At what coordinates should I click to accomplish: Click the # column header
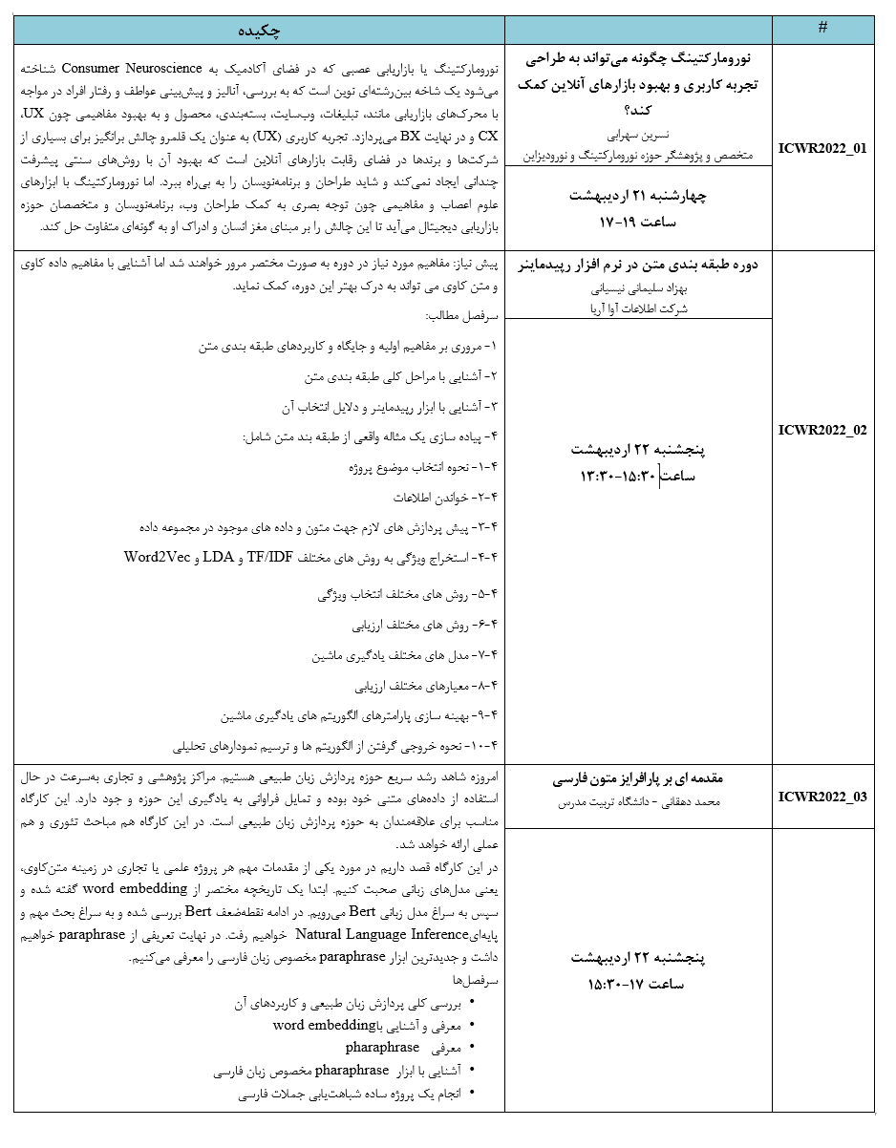pos(822,29)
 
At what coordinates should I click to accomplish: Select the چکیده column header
pos(259,31)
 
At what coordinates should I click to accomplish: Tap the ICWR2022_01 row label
pos(822,150)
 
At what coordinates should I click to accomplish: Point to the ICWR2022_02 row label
pos(822,430)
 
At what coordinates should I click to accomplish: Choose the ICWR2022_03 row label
pos(822,797)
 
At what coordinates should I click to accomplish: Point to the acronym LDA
pos(218,557)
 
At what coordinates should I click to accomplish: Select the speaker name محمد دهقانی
pos(681,803)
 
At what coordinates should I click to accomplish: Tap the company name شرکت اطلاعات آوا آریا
pos(638,308)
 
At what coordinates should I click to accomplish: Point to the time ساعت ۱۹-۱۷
pos(637,222)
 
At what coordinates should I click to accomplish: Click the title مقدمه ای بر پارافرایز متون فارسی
pos(637,778)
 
